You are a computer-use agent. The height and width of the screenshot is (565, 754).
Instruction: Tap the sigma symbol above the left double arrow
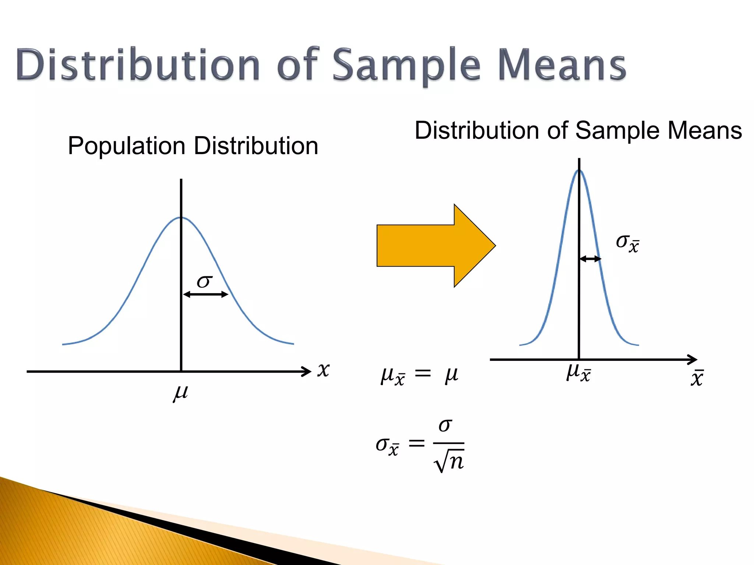(204, 282)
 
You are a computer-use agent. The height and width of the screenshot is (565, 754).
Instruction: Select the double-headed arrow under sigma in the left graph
(206, 294)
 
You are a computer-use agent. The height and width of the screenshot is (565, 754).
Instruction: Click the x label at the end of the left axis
(323, 369)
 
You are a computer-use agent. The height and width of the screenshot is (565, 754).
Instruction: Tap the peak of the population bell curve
(181, 218)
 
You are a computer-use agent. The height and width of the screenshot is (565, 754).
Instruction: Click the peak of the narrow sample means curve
(579, 170)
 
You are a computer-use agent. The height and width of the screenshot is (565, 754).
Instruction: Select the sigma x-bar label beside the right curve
(627, 243)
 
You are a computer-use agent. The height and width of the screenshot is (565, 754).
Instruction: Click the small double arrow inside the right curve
(590, 259)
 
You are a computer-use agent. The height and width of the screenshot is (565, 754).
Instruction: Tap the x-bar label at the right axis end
(697, 378)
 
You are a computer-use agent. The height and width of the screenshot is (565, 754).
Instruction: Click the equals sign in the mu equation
(423, 374)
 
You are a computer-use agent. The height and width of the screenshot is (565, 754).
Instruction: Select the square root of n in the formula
(449, 462)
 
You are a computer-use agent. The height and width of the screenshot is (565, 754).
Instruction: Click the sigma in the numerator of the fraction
(445, 426)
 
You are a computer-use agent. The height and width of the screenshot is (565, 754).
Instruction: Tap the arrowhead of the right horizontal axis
(693, 360)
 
